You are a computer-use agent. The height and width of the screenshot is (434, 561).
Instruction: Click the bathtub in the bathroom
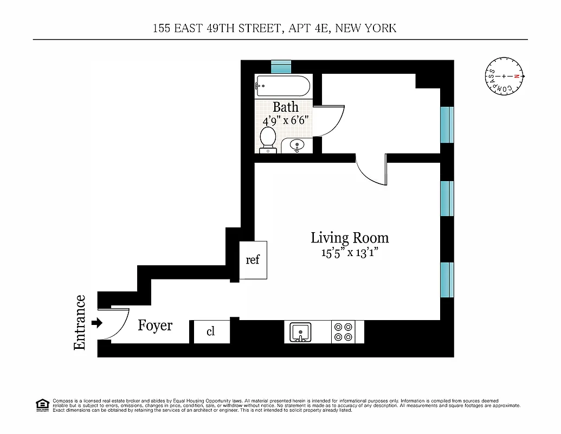(x=282, y=86)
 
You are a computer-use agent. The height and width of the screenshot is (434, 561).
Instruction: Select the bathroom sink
(x=296, y=145)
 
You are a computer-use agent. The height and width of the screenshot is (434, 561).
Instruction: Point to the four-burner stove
(x=343, y=331)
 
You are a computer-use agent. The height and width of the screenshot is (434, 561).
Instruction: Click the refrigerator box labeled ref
(x=253, y=260)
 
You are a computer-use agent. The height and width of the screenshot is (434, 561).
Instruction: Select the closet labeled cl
(x=211, y=331)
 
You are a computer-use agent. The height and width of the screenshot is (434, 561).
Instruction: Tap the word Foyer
(x=155, y=325)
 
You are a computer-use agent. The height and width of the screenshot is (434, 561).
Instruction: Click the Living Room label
(x=350, y=238)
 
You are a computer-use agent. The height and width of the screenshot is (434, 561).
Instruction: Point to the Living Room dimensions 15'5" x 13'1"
(x=348, y=252)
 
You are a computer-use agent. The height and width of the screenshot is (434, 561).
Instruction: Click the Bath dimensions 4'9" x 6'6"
(x=286, y=120)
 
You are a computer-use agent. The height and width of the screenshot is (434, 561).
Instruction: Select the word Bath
(x=286, y=107)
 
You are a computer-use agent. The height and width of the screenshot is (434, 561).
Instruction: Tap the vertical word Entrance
(x=80, y=322)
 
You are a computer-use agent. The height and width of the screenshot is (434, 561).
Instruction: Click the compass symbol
(x=504, y=76)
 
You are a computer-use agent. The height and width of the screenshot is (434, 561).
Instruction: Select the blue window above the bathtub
(x=281, y=67)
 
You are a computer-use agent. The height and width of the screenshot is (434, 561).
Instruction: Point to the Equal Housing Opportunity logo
(x=42, y=405)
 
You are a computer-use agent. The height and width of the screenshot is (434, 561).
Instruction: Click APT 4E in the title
(x=307, y=28)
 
